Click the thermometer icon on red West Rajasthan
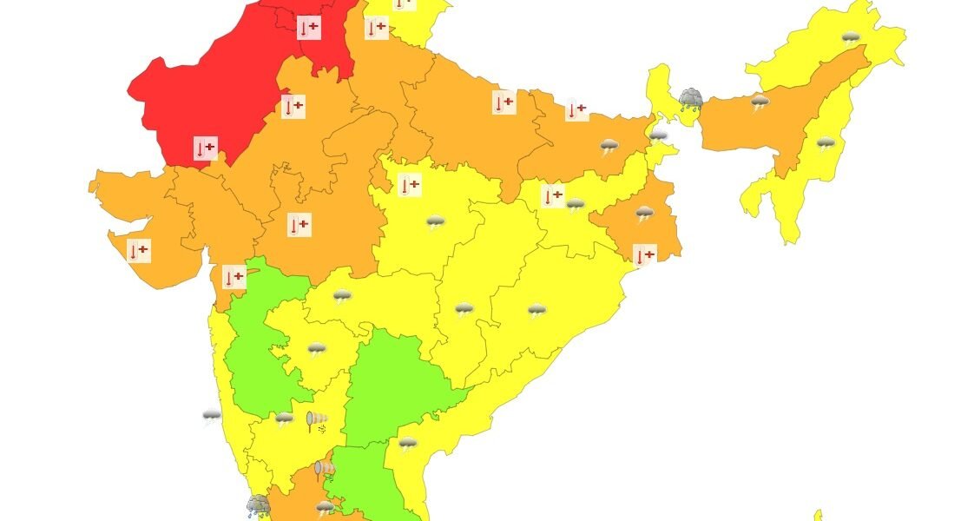[x=206, y=148]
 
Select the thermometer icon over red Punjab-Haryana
[x=308, y=28]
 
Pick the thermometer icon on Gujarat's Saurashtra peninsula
[x=138, y=251]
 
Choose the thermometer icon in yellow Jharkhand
[x=552, y=196]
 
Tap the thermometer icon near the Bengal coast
[x=644, y=255]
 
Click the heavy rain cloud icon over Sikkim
[x=691, y=98]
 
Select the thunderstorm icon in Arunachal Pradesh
[x=851, y=38]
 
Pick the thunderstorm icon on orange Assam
[x=760, y=102]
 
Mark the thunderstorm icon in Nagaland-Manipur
[x=826, y=143]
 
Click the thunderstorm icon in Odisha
[x=537, y=310]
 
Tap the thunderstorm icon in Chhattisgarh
[x=464, y=310]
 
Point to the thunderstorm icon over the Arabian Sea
[x=212, y=418]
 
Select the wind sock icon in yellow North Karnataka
[x=317, y=422]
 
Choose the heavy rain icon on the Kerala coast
[x=258, y=505]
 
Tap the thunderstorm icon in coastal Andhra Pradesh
[x=407, y=445]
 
